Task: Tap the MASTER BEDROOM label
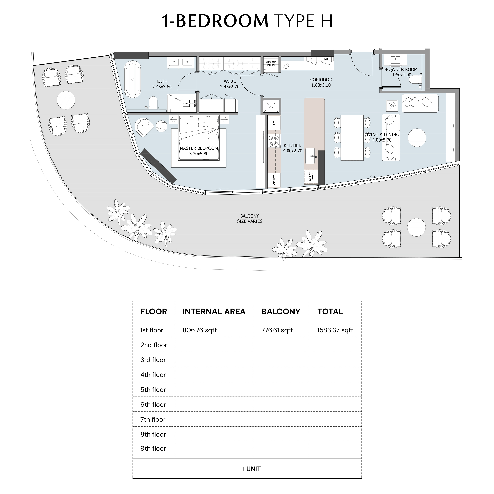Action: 199,148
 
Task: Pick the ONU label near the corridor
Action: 325,59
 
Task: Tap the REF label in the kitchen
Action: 274,123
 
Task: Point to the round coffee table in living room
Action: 417,138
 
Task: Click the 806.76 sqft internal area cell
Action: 200,330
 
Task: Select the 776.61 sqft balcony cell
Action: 277,330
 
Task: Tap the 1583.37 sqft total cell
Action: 335,330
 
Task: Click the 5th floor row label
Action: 153,390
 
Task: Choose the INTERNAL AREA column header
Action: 214,312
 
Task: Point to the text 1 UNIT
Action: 252,469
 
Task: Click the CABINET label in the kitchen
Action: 274,180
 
